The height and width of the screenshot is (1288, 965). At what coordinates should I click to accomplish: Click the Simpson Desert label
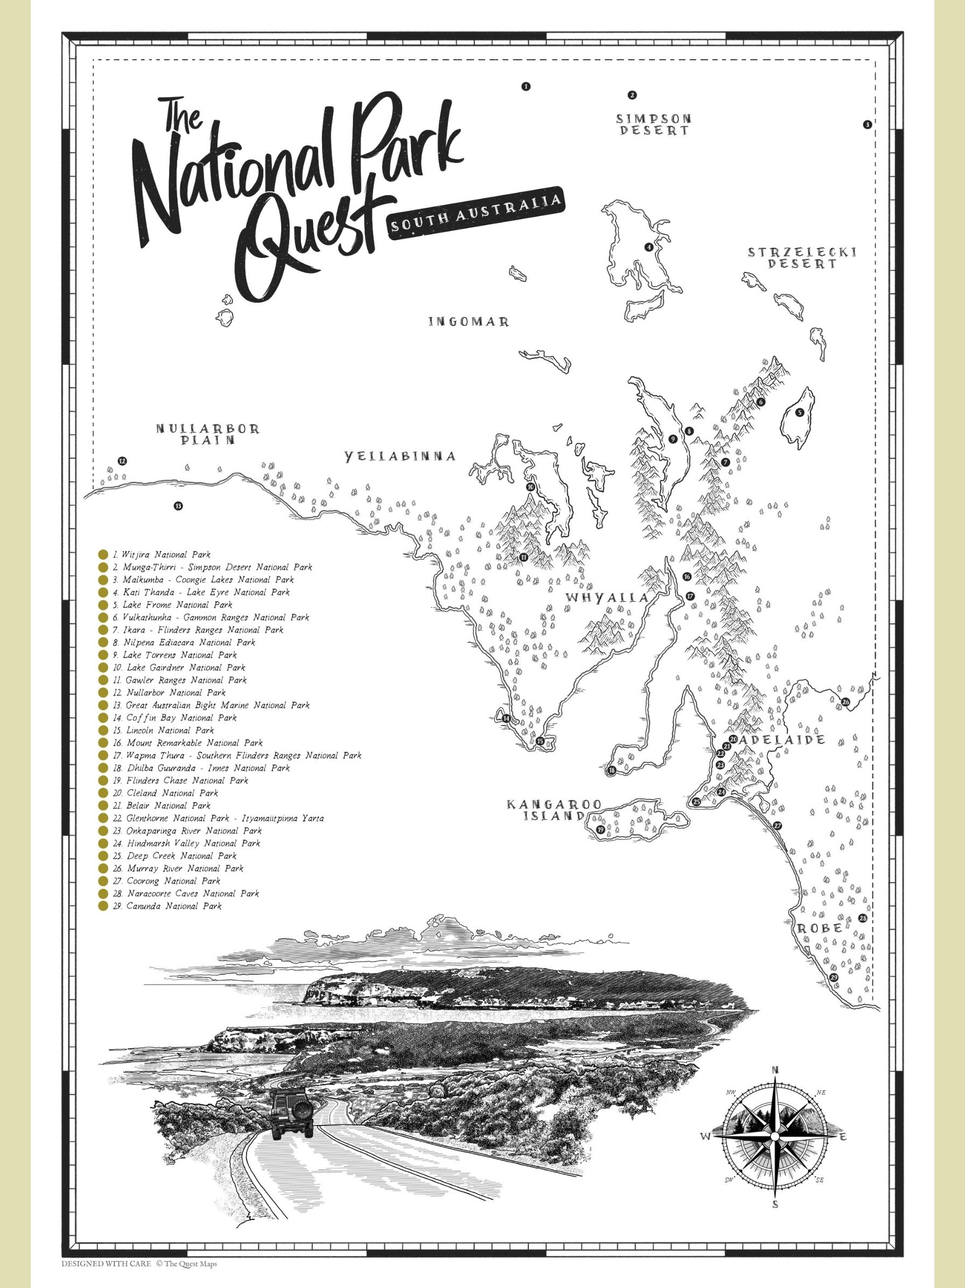654,124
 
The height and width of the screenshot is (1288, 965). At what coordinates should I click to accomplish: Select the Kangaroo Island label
546,809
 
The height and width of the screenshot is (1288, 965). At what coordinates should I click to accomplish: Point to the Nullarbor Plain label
207,434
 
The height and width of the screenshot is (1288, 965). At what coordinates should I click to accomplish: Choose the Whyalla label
607,597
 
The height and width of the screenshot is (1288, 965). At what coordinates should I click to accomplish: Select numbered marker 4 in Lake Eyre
648,247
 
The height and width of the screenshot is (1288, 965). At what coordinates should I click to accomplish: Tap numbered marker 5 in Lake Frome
800,412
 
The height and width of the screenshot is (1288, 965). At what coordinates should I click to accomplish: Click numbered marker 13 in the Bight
178,505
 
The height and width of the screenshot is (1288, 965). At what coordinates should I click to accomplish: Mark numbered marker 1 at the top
526,86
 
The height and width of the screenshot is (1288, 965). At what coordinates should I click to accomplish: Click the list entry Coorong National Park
173,881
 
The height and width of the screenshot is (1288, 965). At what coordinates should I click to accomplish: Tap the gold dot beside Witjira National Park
103,554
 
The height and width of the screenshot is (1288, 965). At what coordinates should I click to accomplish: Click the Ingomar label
469,322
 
